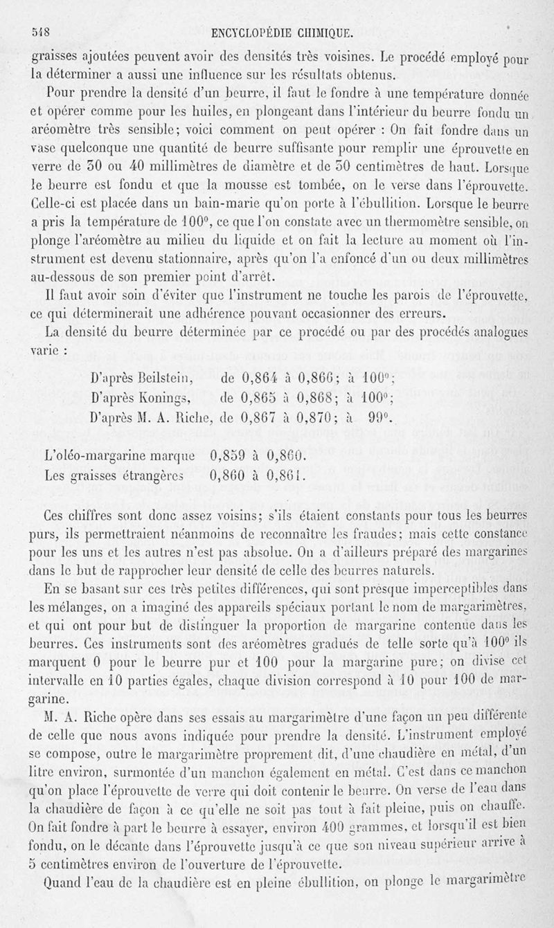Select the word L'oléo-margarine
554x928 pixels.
(89, 457)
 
